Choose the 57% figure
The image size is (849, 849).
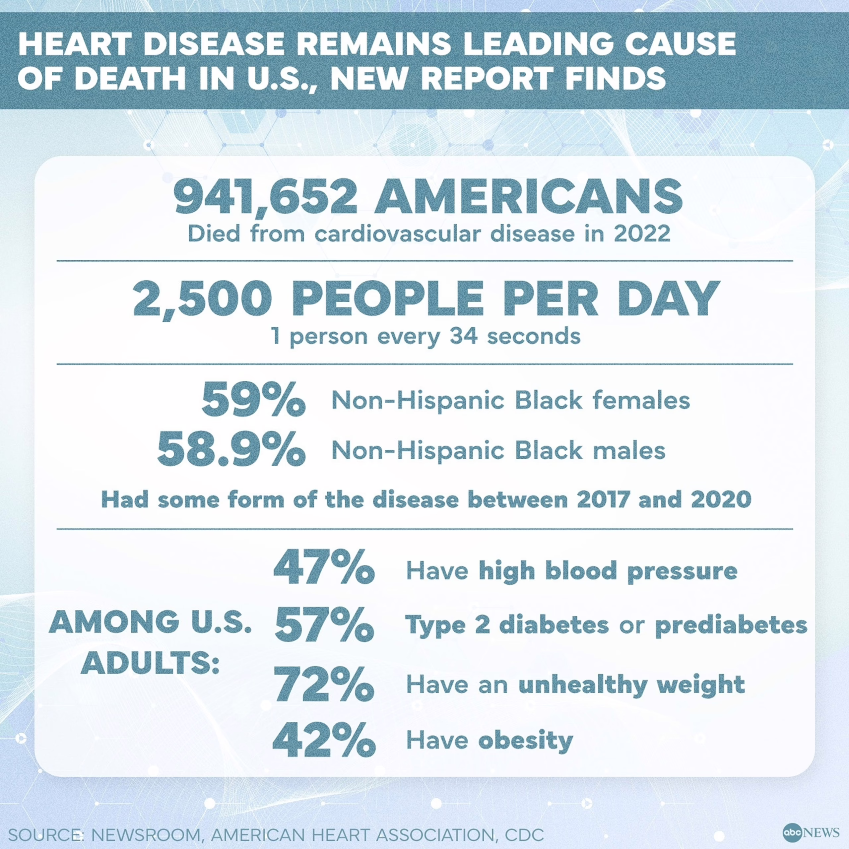pyautogui.click(x=324, y=624)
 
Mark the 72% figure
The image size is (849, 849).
pyautogui.click(x=324, y=684)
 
